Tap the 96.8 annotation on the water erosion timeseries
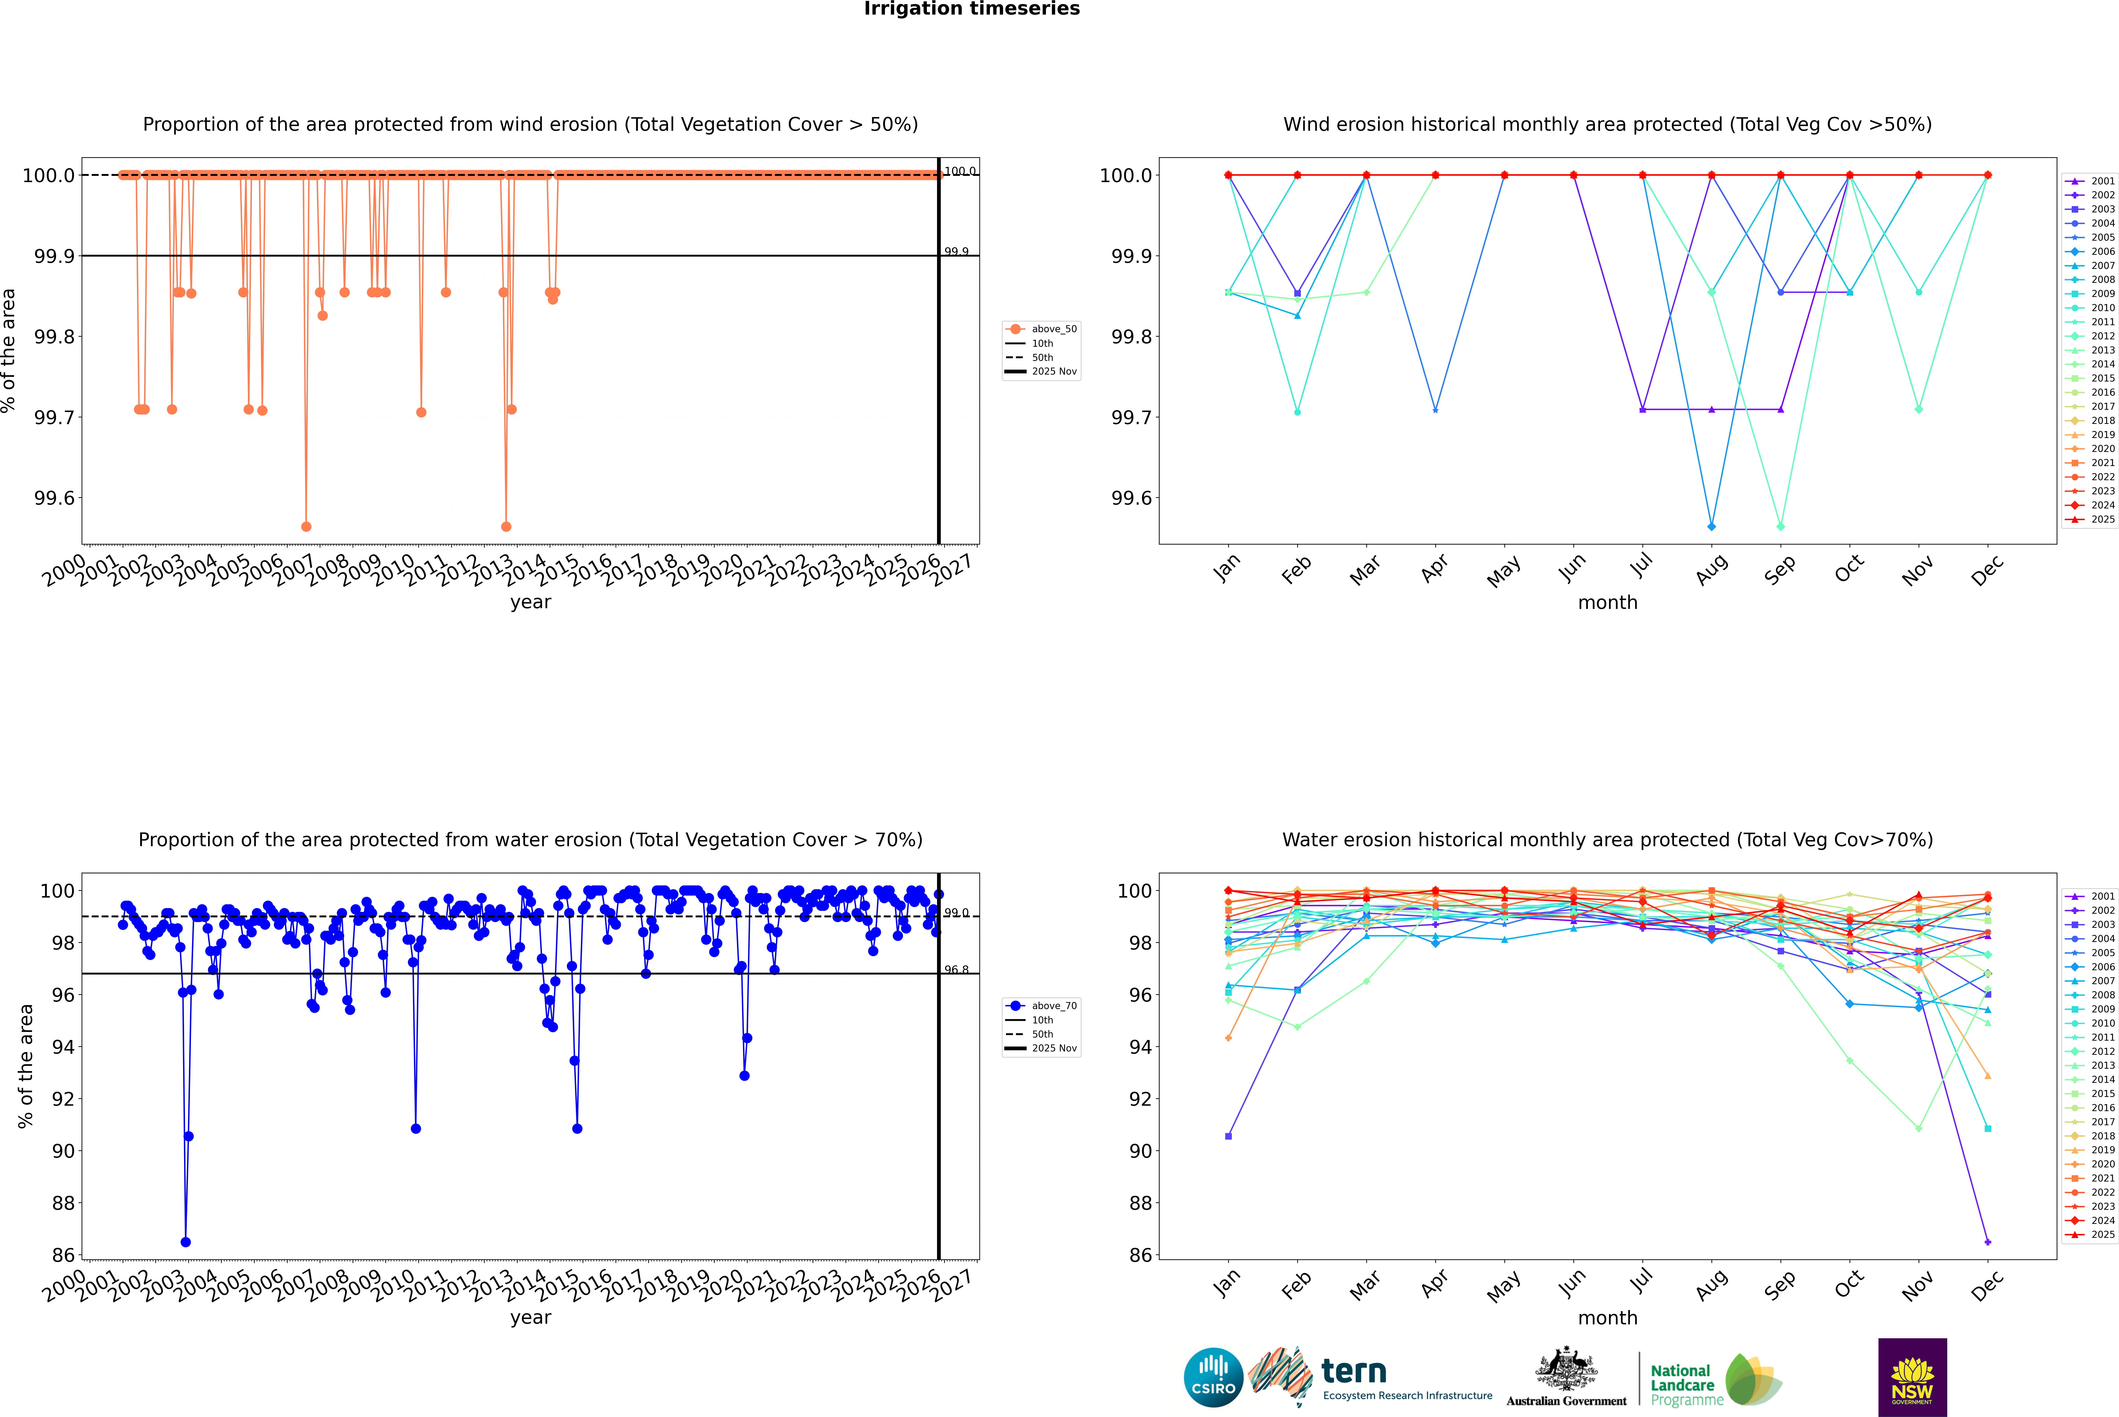coord(956,970)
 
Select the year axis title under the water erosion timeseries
coord(530,1318)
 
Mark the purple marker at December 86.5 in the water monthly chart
coord(1987,1242)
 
